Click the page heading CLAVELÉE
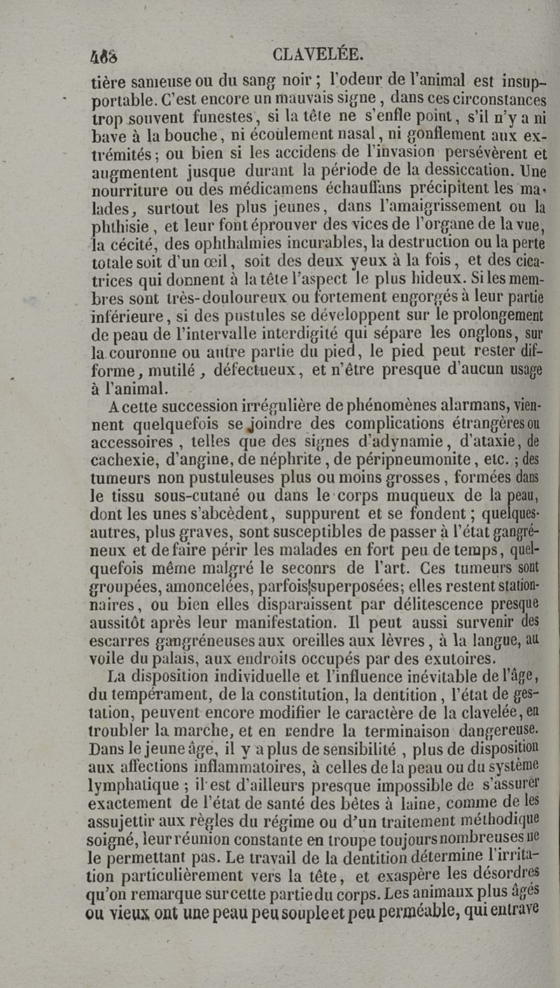[x=318, y=54]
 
